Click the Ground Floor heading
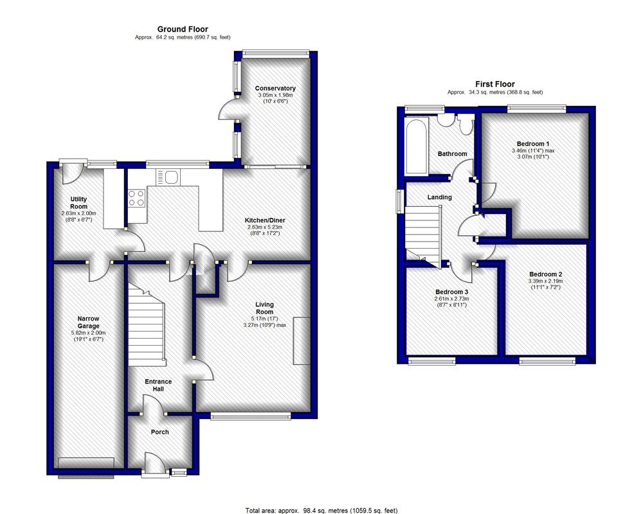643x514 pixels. (x=183, y=29)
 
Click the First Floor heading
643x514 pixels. (x=495, y=84)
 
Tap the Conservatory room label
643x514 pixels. (x=275, y=88)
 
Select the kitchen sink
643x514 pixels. (x=168, y=178)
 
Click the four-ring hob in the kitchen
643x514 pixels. (x=137, y=198)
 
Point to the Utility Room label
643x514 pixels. (x=78, y=203)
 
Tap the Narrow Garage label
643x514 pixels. (x=89, y=322)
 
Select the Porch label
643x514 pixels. (x=159, y=432)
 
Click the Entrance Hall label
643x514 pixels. (x=158, y=385)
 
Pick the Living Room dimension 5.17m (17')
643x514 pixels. (x=264, y=319)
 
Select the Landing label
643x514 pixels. (x=440, y=197)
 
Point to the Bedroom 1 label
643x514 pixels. (x=533, y=144)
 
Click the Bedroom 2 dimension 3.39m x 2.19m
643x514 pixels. (x=545, y=281)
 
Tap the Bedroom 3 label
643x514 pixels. (x=451, y=292)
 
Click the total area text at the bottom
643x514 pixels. (x=321, y=510)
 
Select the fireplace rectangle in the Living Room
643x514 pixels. (x=302, y=341)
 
